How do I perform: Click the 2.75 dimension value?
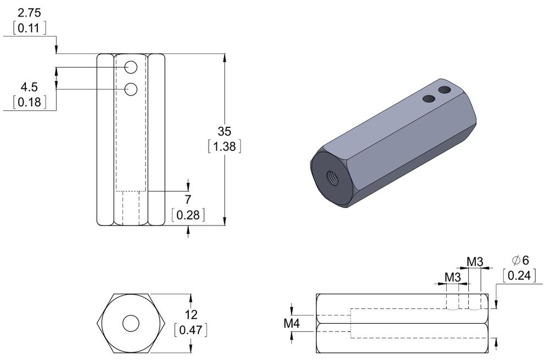click(x=30, y=13)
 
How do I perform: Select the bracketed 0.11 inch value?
click(x=30, y=28)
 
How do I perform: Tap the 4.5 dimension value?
click(x=30, y=87)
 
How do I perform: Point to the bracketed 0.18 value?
click(x=30, y=102)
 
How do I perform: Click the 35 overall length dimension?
click(x=225, y=132)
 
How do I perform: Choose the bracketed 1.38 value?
click(x=225, y=147)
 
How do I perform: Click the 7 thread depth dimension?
click(x=188, y=200)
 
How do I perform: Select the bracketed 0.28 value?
click(x=188, y=215)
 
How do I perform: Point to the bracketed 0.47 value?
click(x=190, y=330)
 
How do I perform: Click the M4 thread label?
click(x=292, y=324)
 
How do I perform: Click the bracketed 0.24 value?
click(x=519, y=275)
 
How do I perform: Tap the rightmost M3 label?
click(x=475, y=261)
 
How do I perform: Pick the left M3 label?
click(x=452, y=277)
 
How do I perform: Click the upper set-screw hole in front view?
click(x=131, y=67)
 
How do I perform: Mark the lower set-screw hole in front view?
click(x=131, y=89)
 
